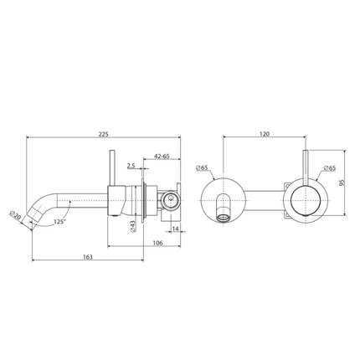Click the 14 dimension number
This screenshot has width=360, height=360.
tap(174, 228)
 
